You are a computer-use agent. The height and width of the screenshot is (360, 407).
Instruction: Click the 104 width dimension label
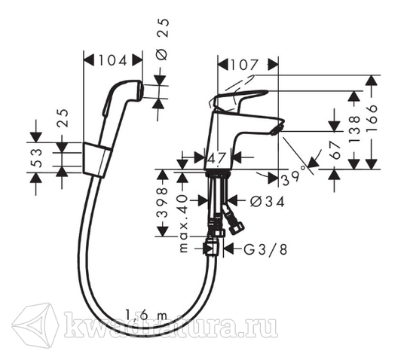[112, 61]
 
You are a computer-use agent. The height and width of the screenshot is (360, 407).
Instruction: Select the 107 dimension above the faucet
[245, 65]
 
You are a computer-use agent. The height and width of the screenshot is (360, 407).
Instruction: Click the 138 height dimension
[355, 129]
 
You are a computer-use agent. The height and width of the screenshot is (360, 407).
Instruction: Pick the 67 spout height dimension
[335, 151]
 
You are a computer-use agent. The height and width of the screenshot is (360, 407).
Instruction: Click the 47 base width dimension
[216, 157]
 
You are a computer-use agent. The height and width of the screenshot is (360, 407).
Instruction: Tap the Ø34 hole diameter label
[268, 202]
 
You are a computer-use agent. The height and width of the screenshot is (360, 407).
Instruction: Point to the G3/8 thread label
[265, 250]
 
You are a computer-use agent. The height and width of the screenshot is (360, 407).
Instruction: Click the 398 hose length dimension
[163, 203]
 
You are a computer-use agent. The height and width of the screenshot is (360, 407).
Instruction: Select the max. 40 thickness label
[183, 224]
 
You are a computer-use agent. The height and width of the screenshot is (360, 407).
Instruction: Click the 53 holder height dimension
[37, 158]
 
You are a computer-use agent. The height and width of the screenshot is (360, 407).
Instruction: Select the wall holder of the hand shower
[97, 160]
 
